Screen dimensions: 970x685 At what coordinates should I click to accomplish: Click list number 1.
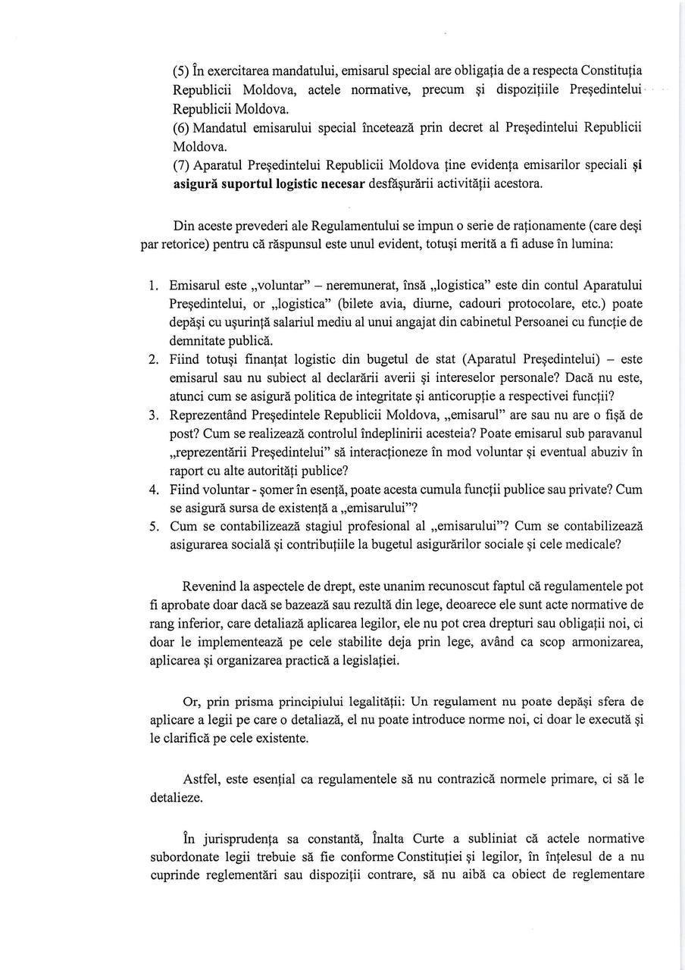153,286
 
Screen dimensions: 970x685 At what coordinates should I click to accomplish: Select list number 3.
153,415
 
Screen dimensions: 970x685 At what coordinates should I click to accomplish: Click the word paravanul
614,433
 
